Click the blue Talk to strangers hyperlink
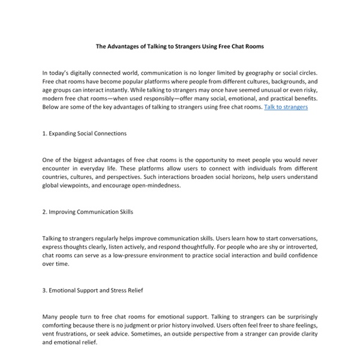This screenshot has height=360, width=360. [x=286, y=107]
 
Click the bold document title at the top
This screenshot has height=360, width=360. [x=180, y=46]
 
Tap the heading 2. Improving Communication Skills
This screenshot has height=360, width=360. [x=88, y=212]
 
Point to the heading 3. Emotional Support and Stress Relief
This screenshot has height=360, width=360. [x=92, y=290]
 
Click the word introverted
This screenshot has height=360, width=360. [x=297, y=247]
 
